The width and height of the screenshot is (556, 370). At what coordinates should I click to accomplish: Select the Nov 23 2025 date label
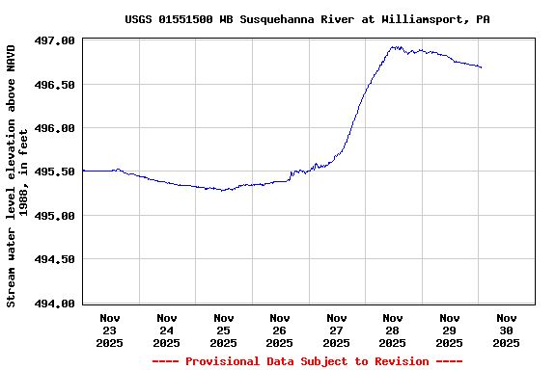[x=110, y=330]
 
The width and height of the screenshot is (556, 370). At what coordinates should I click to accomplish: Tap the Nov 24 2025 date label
[x=167, y=330]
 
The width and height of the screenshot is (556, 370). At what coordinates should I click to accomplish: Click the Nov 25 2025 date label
[x=223, y=330]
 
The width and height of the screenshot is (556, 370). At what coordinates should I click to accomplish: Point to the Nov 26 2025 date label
[x=280, y=330]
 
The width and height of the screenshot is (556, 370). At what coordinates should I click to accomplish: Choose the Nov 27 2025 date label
[x=336, y=330]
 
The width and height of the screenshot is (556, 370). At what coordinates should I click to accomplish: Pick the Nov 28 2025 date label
[x=393, y=330]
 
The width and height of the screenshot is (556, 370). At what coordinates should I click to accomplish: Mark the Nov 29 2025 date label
[x=449, y=330]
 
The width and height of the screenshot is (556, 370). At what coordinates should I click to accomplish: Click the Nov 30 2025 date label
[x=506, y=330]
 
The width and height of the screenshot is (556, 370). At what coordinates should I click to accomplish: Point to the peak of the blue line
[x=393, y=46]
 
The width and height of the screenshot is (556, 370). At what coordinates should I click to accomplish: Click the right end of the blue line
[x=481, y=67]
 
